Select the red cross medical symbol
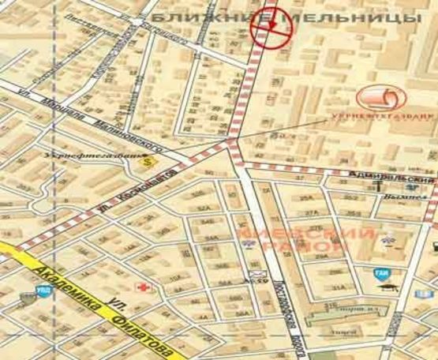coord(143,285)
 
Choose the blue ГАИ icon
coord(380,274)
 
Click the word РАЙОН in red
coord(320,248)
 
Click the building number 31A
coord(339,287)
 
